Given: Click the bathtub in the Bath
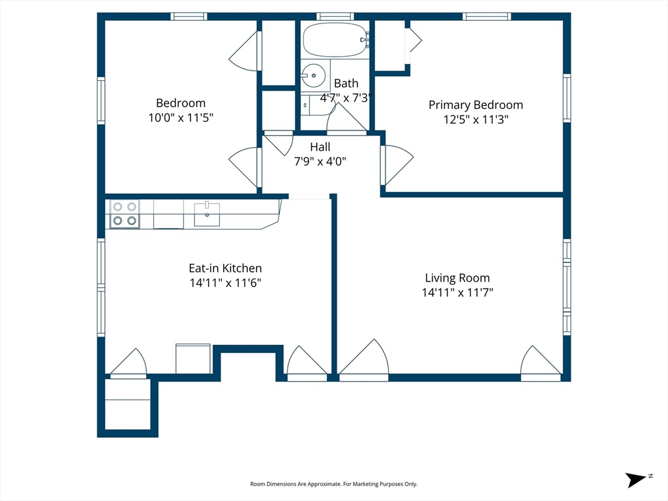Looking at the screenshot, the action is (x=335, y=40).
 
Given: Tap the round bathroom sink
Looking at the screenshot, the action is (x=314, y=76).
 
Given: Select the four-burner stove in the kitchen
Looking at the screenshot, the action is (x=125, y=214).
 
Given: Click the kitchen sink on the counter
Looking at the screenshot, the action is (x=207, y=214).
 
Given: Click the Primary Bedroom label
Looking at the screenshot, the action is (x=476, y=105).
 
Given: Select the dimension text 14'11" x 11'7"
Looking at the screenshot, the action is (x=457, y=292).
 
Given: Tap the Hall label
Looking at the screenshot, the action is (x=320, y=147).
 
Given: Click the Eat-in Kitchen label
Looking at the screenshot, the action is (x=225, y=268).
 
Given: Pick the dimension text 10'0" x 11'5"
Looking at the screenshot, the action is (x=181, y=117).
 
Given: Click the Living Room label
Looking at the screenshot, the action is (x=457, y=278).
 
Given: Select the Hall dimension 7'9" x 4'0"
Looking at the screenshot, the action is (x=320, y=162).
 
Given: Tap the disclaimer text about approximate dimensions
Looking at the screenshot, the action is (x=333, y=484).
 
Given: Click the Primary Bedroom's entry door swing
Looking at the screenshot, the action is (x=397, y=165).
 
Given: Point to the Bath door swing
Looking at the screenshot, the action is (x=346, y=117).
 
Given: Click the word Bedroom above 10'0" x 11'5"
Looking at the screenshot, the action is (x=181, y=103).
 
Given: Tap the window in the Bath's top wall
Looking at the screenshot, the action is (x=335, y=16).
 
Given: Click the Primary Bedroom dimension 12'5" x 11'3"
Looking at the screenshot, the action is (x=476, y=119).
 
